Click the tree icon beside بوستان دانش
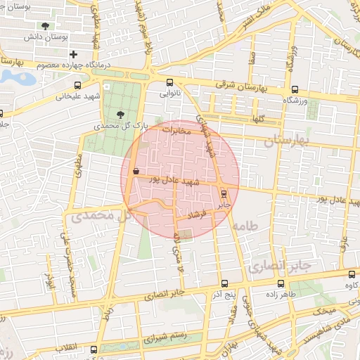(x=46, y=26)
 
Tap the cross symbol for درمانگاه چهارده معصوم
(x=73, y=54)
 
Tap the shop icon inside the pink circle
(x=135, y=171)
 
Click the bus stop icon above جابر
(x=224, y=193)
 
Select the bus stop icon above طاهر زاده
(x=281, y=284)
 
